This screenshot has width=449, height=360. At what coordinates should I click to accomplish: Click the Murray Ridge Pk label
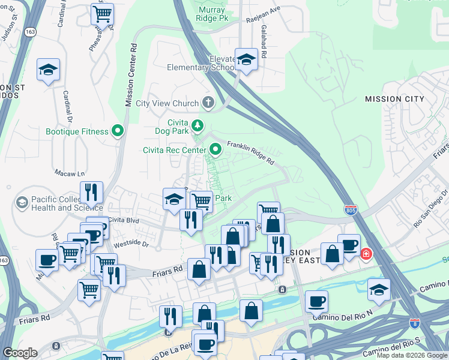coord(212,14)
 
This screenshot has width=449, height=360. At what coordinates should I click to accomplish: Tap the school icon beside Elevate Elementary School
coord(246,59)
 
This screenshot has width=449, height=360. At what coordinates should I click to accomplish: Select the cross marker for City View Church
coord(208,103)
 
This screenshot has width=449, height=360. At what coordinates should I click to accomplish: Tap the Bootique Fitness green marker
coord(118,131)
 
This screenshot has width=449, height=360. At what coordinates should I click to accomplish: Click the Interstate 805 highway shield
coord(351,210)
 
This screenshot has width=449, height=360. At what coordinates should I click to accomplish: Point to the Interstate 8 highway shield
coord(414,323)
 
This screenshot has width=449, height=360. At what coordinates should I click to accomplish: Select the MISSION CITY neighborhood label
coord(394,99)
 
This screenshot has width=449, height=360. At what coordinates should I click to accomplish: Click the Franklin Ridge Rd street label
coord(250,152)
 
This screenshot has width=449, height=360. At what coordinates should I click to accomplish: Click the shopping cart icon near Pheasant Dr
coord(103,13)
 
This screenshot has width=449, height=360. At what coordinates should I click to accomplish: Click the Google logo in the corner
coord(20,353)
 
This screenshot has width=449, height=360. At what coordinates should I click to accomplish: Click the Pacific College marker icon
coord(22,203)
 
